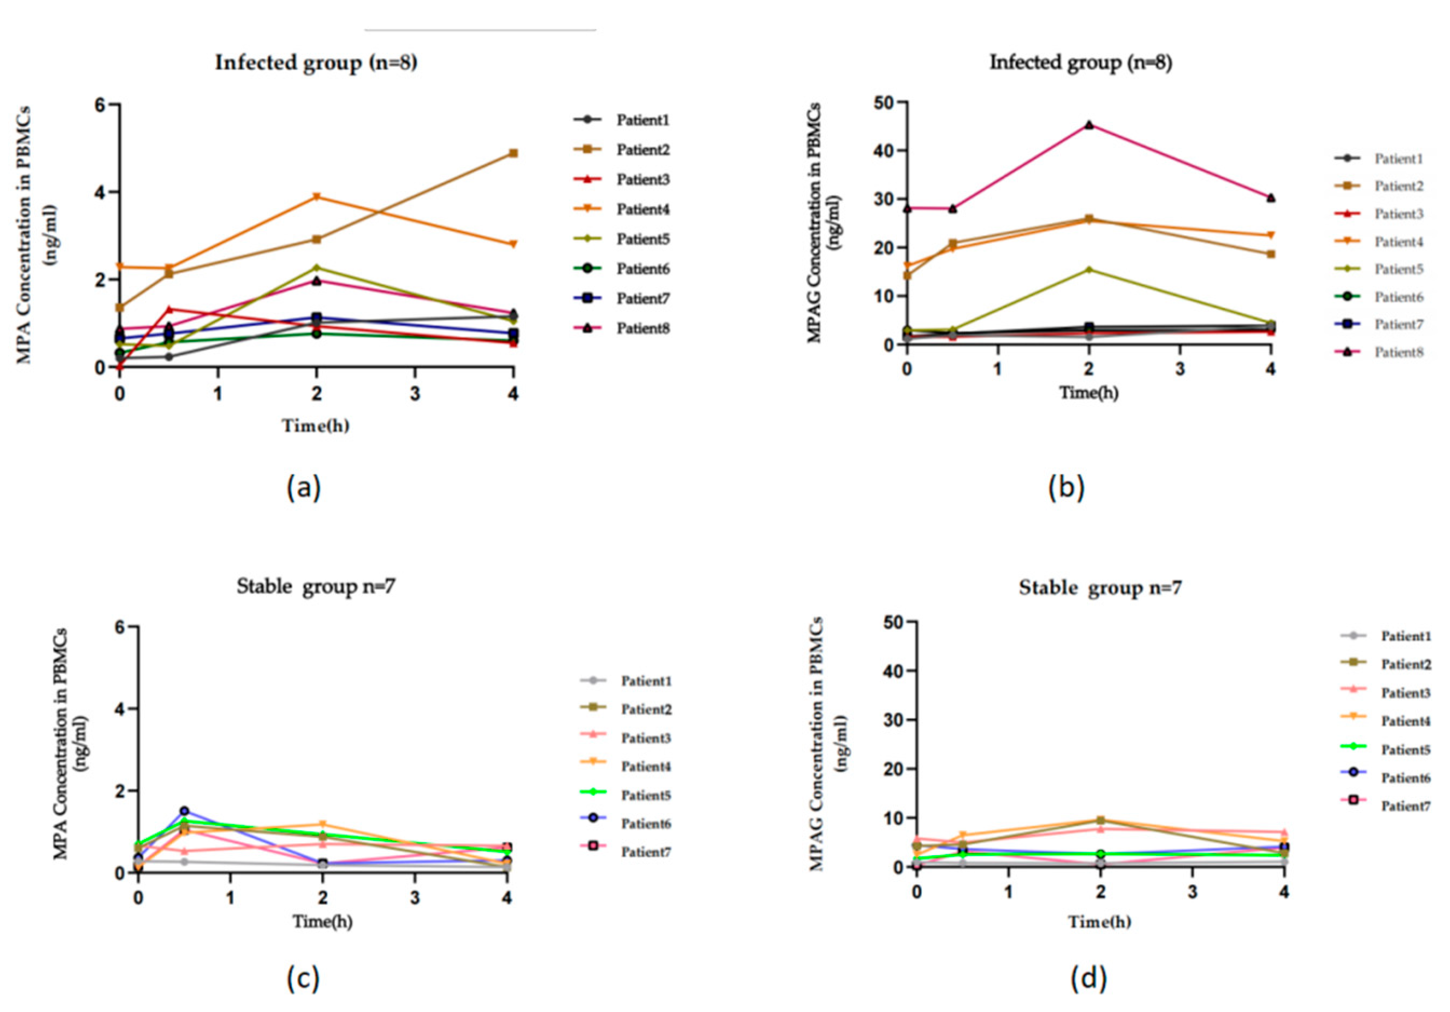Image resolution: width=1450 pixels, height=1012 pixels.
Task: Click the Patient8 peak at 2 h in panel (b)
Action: coord(1089,125)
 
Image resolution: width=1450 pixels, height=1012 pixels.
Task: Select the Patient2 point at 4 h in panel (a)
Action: coord(514,154)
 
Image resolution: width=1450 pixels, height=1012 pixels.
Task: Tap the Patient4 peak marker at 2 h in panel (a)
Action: coord(317,196)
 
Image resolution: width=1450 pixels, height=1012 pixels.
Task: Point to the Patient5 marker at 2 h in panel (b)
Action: coord(1089,270)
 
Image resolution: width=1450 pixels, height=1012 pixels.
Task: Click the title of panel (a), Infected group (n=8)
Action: coord(316,63)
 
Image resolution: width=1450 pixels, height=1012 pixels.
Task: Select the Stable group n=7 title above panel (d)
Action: coord(1100,588)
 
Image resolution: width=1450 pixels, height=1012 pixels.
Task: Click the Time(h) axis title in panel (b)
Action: coord(1089,393)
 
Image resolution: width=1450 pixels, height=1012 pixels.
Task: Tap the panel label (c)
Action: coord(303,979)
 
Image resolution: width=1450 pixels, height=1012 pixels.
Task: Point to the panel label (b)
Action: coord(1066,487)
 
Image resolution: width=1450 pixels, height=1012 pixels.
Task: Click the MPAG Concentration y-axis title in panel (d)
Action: coord(827,745)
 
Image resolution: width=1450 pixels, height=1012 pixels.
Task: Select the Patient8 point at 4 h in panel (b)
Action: coord(1271,198)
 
